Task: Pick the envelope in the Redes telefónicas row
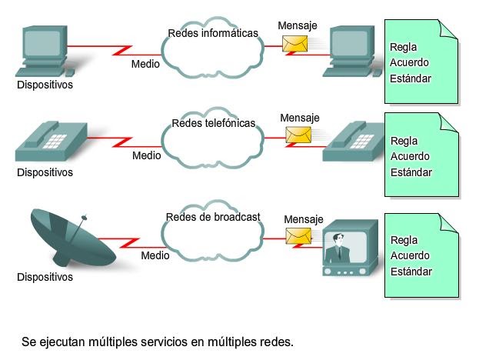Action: pyautogui.click(x=299, y=135)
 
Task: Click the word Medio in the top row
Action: pyautogui.click(x=145, y=64)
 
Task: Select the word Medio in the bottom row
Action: pyautogui.click(x=155, y=255)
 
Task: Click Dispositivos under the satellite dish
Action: pyautogui.click(x=45, y=276)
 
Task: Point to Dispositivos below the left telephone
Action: pyautogui.click(x=45, y=172)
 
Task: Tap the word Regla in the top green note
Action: pyautogui.click(x=404, y=46)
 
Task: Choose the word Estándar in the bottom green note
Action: pyautogui.click(x=411, y=272)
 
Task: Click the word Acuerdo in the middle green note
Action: pyautogui.click(x=410, y=157)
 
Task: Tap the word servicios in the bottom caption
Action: pyautogui.click(x=159, y=340)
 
